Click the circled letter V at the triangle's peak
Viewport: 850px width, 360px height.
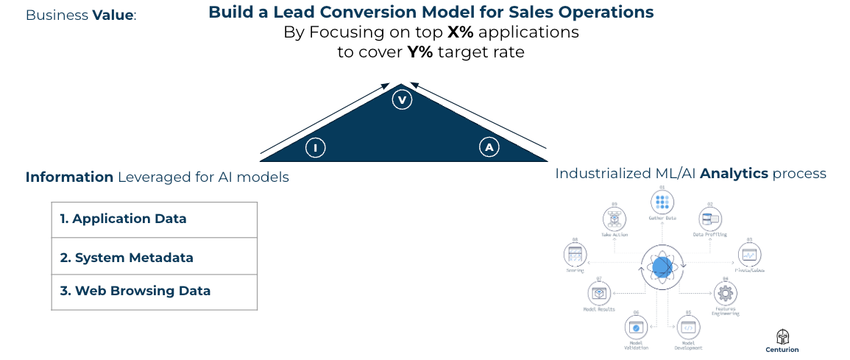401,100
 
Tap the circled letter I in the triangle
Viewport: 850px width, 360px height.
315,148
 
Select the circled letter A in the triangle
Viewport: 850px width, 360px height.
489,148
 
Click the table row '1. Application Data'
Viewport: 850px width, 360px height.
155,219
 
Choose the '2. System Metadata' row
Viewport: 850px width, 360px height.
155,258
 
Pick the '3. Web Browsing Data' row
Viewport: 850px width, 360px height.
155,291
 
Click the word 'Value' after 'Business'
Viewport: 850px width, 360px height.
113,15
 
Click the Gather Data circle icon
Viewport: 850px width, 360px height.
662,202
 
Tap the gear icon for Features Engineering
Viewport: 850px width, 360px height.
726,294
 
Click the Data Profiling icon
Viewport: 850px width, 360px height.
710,218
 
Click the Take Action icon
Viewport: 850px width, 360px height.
613,218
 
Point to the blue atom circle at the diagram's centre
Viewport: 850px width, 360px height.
662,267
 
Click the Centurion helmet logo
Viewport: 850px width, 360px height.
782,336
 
